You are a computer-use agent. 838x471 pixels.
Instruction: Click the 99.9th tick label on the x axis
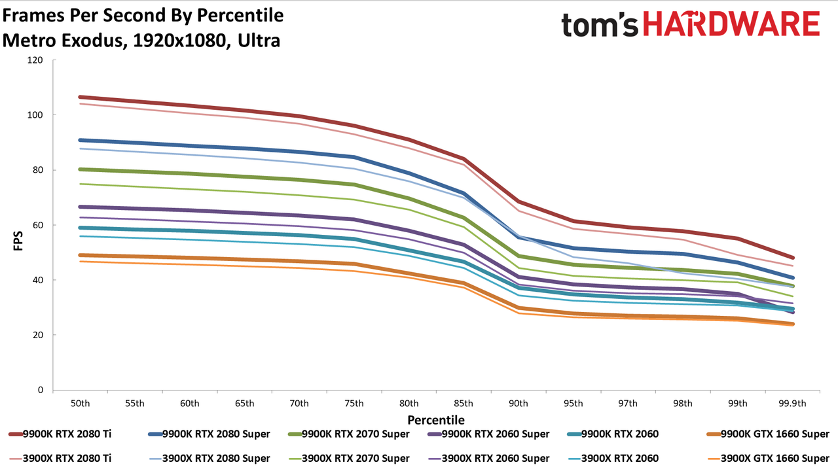(792, 404)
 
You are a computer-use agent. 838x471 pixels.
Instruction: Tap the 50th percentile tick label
(80, 404)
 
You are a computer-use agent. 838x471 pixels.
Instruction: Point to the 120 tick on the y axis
(35, 60)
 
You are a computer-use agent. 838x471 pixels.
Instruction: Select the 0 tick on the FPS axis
(41, 390)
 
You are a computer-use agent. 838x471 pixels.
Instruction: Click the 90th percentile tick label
(518, 404)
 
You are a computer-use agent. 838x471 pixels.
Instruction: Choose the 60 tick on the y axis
(38, 225)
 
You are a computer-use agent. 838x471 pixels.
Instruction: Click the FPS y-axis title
(18, 241)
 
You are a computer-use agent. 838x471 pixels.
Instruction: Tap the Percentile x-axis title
(436, 420)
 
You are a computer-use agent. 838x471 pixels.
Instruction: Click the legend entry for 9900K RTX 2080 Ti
(60, 434)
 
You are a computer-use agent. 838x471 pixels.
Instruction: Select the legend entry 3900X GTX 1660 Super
(768, 459)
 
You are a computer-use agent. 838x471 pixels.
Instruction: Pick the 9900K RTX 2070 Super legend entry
(349, 434)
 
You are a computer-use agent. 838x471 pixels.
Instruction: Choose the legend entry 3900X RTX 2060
(613, 459)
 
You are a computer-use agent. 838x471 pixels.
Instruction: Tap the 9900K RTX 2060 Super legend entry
(488, 434)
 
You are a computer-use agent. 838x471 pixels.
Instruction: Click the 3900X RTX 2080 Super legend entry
(209, 459)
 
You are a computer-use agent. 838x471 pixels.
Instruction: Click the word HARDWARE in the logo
(731, 24)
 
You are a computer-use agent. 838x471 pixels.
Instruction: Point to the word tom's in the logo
(600, 25)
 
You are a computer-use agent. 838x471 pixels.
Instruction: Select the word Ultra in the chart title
(259, 41)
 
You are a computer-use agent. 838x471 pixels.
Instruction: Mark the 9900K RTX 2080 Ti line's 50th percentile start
(80, 97)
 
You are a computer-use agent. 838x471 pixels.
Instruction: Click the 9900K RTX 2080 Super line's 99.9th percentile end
(792, 278)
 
